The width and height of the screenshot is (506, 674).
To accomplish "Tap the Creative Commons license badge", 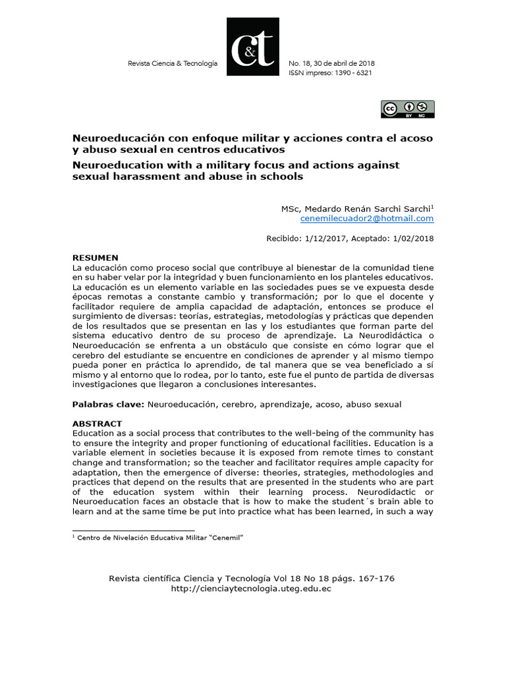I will pos(407,109).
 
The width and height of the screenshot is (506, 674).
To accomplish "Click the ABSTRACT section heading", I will pos(97,423).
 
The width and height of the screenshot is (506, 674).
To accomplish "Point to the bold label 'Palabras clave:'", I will pos(108,404).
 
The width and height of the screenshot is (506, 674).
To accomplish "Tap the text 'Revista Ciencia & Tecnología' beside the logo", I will pos(171,63).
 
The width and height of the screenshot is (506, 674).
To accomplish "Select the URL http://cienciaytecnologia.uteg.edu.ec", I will pos(250,588).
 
